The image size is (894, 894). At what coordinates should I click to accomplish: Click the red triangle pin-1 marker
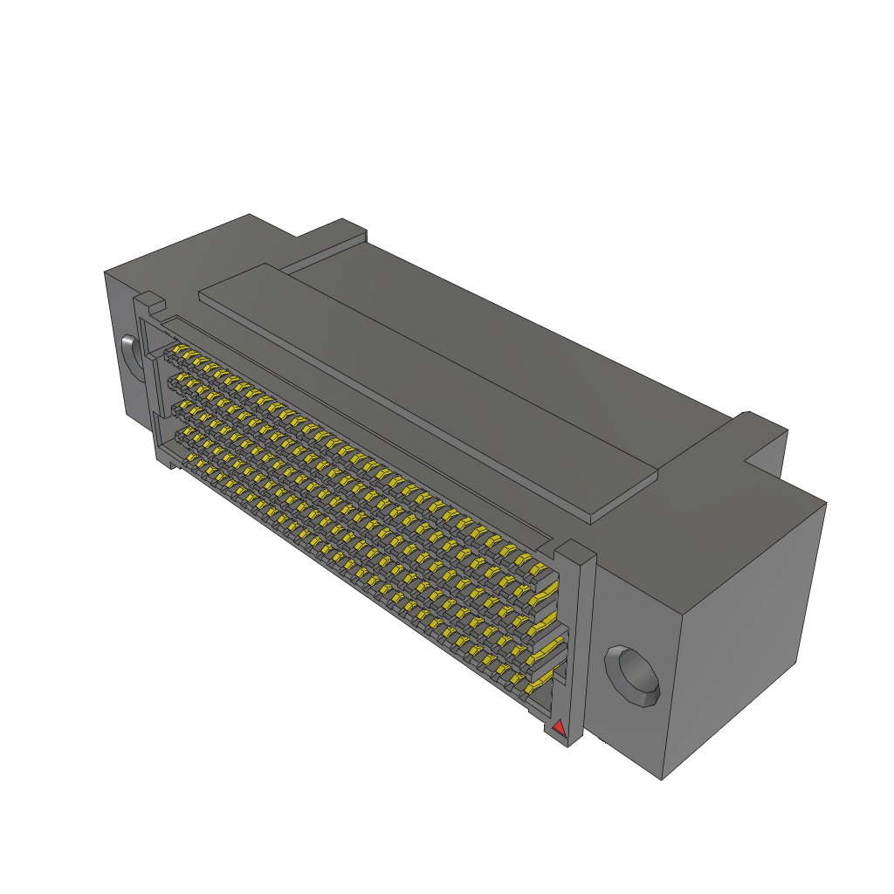pos(559,726)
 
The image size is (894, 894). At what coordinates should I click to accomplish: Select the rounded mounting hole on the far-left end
pos(130,356)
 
